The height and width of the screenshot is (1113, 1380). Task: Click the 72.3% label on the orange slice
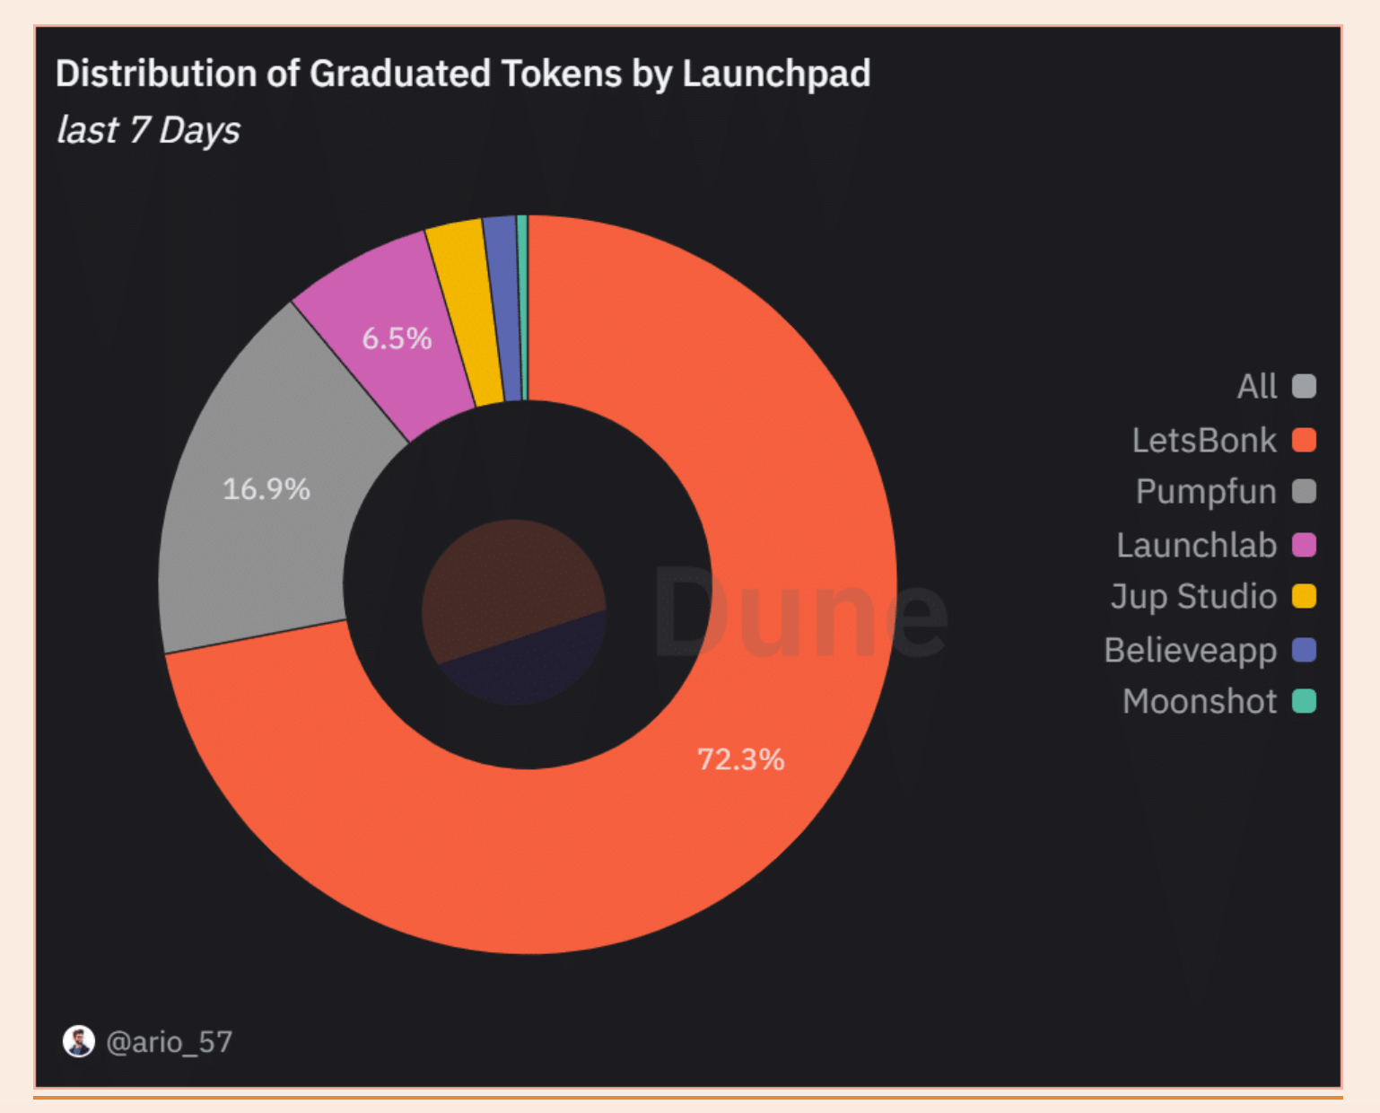pos(740,759)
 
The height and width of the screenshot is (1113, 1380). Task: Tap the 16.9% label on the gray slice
pos(266,489)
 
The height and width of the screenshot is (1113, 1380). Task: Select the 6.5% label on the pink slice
pos(397,338)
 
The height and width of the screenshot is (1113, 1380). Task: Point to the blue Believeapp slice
pos(505,308)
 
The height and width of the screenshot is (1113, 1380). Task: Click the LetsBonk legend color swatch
pos(1303,440)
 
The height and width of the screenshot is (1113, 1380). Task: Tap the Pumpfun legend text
pos(1205,492)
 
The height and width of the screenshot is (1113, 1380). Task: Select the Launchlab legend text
pos(1196,545)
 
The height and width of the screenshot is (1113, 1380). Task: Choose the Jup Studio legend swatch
pos(1303,596)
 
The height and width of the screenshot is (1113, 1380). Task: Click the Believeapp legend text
pos(1190,650)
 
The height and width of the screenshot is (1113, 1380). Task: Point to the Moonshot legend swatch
pos(1303,701)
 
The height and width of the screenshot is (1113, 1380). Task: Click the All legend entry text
pos(1256,386)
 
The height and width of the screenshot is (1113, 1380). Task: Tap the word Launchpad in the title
pos(776,74)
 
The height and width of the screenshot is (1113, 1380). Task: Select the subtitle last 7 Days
pos(148,130)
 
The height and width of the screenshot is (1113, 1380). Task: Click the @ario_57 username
pos(169,1041)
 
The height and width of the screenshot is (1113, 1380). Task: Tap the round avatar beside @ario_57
pos(79,1041)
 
